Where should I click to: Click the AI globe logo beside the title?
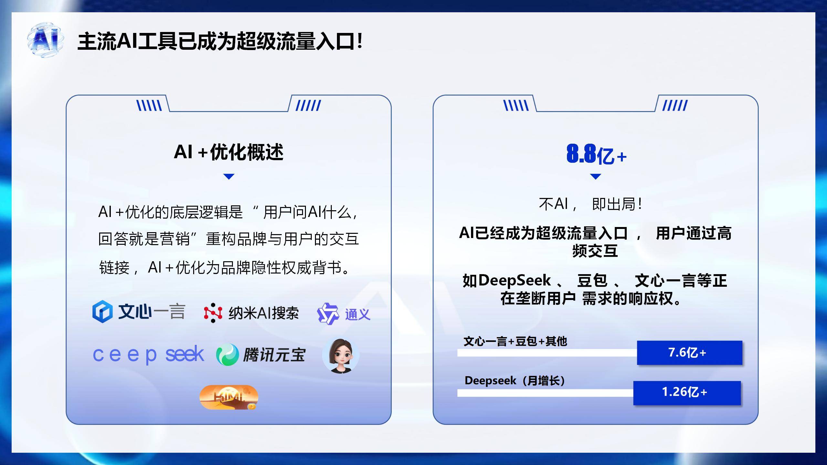(x=46, y=40)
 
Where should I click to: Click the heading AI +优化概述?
(x=229, y=152)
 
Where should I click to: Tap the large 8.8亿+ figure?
(x=596, y=154)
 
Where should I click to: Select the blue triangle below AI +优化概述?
(x=229, y=176)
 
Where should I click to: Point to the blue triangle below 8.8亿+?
(x=595, y=176)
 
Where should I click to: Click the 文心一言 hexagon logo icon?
(x=102, y=312)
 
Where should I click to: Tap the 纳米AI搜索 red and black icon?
(x=213, y=313)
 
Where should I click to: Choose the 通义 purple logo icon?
(x=328, y=314)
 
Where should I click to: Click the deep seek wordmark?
(x=148, y=355)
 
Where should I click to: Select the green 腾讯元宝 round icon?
(x=227, y=354)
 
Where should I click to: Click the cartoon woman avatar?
(x=340, y=356)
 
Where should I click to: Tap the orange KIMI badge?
(x=229, y=397)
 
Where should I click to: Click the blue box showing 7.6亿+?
(x=689, y=353)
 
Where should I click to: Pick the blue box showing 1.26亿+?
(x=687, y=393)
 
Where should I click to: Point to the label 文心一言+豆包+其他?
(x=515, y=341)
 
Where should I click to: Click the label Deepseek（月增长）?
(x=515, y=381)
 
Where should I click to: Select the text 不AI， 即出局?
(x=590, y=204)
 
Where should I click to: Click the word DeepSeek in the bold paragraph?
(x=514, y=280)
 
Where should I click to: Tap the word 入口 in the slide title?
(x=335, y=42)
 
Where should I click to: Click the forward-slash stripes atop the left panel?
(x=308, y=105)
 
